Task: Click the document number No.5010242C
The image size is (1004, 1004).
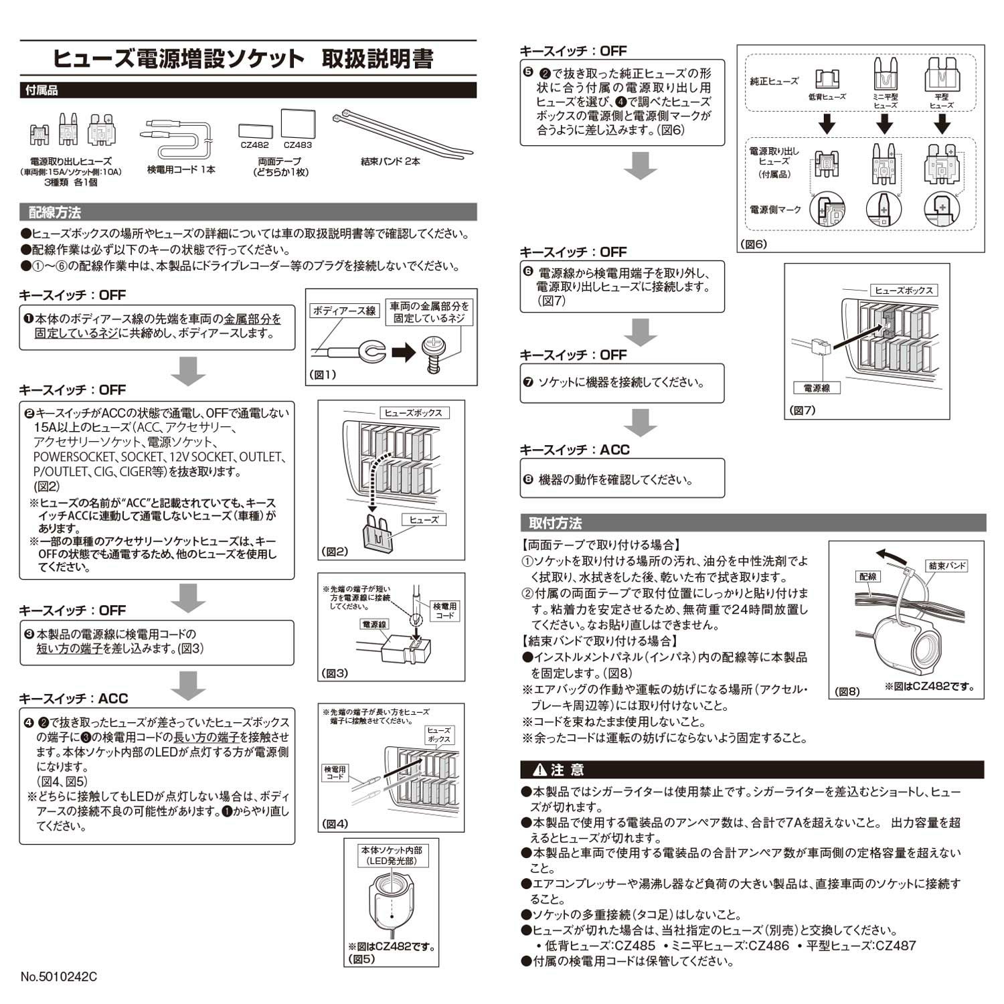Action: point(59,977)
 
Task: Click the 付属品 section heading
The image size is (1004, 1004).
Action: point(41,90)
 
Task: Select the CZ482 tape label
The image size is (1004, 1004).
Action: point(254,145)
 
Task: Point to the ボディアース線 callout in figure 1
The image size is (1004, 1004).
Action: point(344,311)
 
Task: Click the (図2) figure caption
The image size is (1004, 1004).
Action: point(335,552)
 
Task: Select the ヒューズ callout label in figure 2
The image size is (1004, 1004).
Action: point(424,519)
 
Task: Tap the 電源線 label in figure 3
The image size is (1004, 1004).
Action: point(374,624)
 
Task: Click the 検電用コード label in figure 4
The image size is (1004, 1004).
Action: point(335,773)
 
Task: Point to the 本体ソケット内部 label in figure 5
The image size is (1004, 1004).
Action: point(392,850)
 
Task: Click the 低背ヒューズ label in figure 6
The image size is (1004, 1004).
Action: point(827,97)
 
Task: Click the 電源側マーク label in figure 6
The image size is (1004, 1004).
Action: point(775,210)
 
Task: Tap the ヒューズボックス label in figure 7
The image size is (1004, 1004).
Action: point(904,290)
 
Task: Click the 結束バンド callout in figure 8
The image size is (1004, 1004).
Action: point(948,566)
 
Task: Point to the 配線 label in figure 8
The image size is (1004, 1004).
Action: point(868,576)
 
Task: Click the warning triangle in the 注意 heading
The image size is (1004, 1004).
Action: point(539,770)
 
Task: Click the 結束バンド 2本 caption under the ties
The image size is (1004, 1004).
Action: point(390,161)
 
